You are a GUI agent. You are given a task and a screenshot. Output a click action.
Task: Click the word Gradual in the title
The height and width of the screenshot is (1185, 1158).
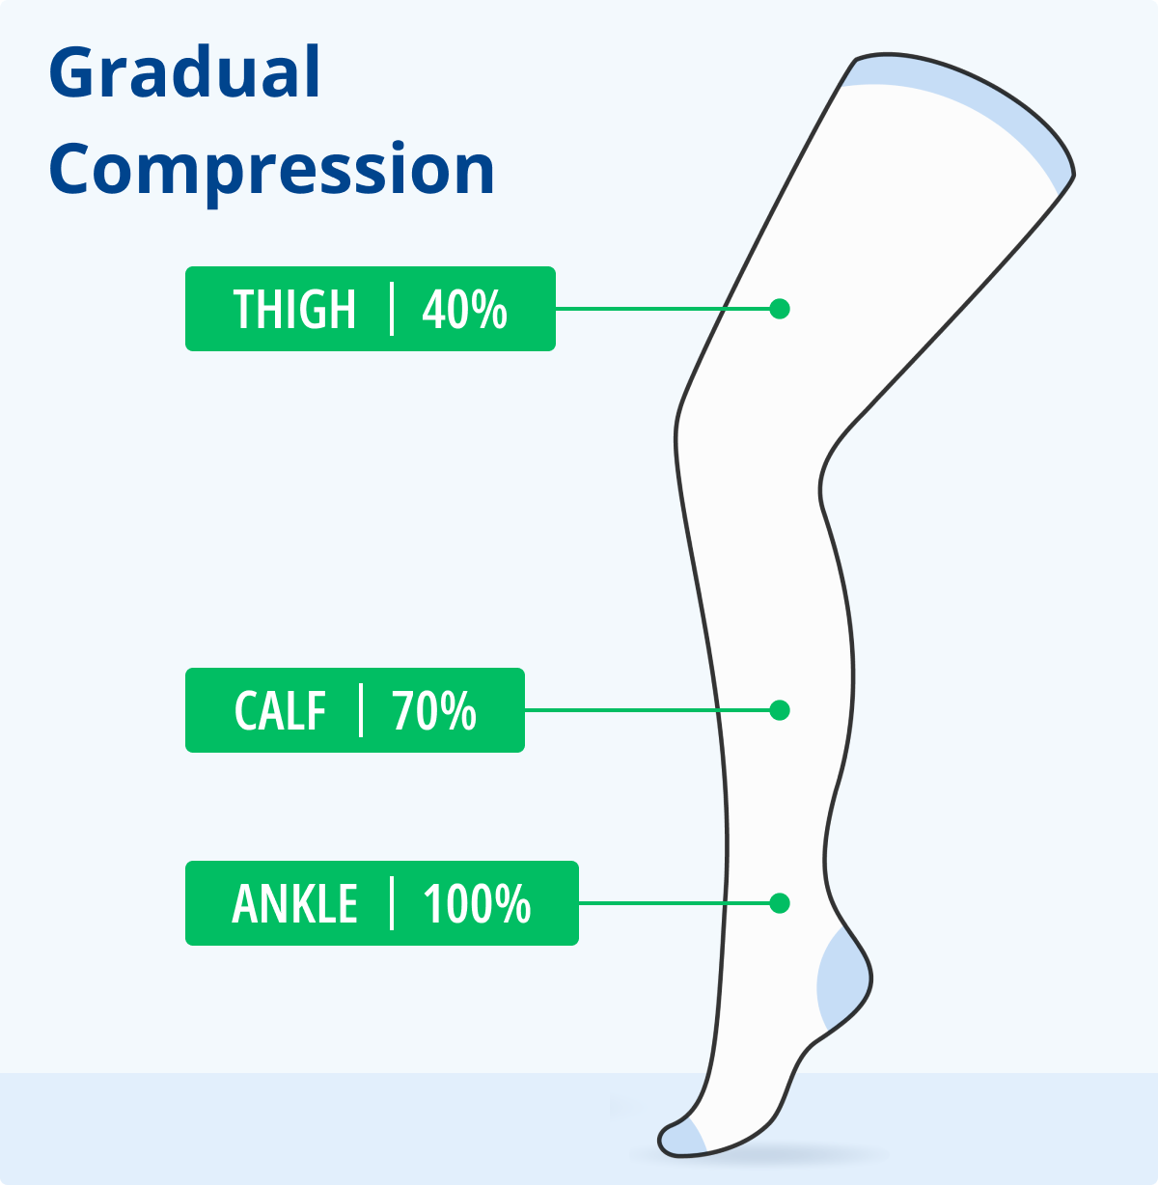184,71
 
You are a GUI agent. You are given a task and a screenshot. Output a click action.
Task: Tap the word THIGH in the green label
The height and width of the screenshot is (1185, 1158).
294,310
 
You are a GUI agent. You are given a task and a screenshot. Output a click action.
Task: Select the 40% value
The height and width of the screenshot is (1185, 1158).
464,310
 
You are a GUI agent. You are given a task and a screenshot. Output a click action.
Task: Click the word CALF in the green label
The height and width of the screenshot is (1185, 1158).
280,710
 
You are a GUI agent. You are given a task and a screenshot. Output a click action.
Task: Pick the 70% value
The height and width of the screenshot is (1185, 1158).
434,710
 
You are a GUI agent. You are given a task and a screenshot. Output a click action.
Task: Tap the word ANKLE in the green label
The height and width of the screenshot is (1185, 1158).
294,903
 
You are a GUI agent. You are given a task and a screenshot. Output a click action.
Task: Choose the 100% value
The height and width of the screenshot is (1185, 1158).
477,903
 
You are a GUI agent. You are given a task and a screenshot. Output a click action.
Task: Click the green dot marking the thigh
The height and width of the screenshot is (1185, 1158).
780,309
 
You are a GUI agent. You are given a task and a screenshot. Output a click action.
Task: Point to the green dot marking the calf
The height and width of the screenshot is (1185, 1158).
780,710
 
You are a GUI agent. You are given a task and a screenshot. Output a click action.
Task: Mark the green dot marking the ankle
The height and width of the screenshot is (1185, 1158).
780,903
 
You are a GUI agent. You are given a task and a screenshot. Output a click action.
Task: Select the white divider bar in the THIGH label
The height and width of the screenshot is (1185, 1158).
392,309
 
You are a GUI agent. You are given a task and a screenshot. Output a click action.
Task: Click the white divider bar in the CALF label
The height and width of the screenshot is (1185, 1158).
361,710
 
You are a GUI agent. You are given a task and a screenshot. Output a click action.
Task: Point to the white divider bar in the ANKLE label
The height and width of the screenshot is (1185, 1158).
392,903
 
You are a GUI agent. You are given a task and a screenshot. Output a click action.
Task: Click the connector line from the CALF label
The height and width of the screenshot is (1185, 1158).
648,710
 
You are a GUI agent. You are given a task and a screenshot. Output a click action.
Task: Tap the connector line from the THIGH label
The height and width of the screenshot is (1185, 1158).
662,309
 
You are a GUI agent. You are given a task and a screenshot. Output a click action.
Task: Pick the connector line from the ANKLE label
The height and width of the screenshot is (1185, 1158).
674,903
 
